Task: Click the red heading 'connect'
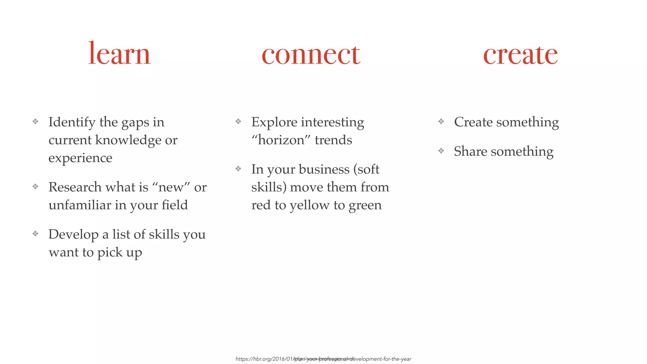pos(311,54)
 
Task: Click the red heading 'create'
pos(520,54)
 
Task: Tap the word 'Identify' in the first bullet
pos(72,122)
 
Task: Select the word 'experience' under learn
pos(80,158)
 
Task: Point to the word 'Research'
pos(75,187)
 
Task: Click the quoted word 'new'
pos(171,187)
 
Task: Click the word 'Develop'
pos(73,234)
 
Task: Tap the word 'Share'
pos(470,151)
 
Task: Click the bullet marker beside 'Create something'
pos(441,121)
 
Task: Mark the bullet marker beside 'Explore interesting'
pos(238,121)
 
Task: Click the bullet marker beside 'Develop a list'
pos(35,234)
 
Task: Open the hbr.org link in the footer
pos(323,359)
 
